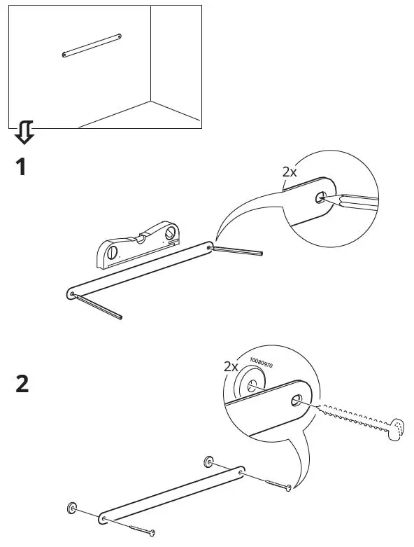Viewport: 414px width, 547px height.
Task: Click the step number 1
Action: [x=21, y=168]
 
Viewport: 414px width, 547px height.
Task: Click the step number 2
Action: [x=22, y=385]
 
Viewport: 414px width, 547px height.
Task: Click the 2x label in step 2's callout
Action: [x=231, y=366]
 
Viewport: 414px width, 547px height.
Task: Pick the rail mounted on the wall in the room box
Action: [x=92, y=44]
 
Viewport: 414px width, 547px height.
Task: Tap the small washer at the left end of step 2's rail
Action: [x=72, y=507]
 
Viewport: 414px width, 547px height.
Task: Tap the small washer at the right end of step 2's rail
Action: [x=209, y=462]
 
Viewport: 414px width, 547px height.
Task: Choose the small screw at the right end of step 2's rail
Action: [x=273, y=484]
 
